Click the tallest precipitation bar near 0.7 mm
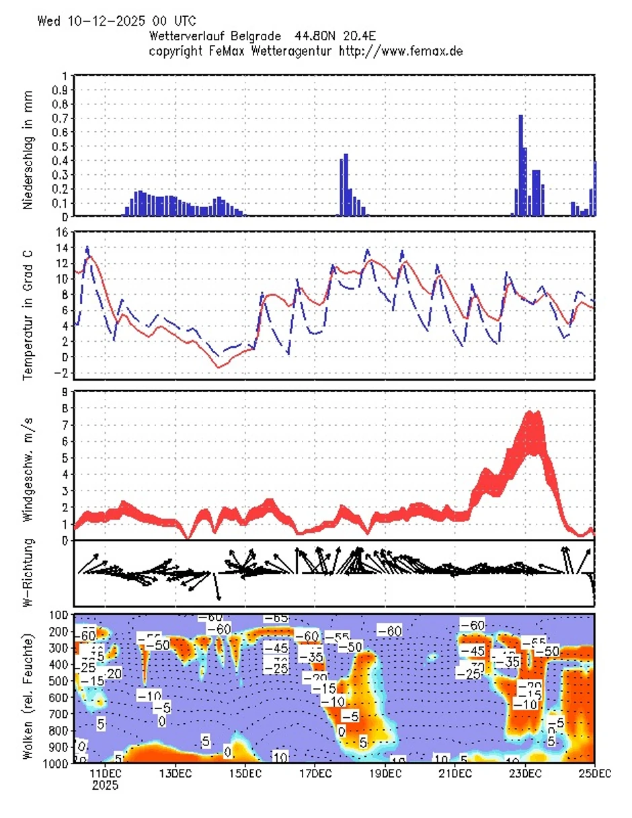pyautogui.click(x=520, y=165)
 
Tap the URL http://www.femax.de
pyautogui.click(x=399, y=50)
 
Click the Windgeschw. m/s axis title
pyautogui.click(x=28, y=464)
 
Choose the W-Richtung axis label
pyautogui.click(x=28, y=577)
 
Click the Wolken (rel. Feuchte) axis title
pyautogui.click(x=28, y=688)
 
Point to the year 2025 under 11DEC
pyautogui.click(x=106, y=785)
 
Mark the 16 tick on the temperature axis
pyautogui.click(x=61, y=232)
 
